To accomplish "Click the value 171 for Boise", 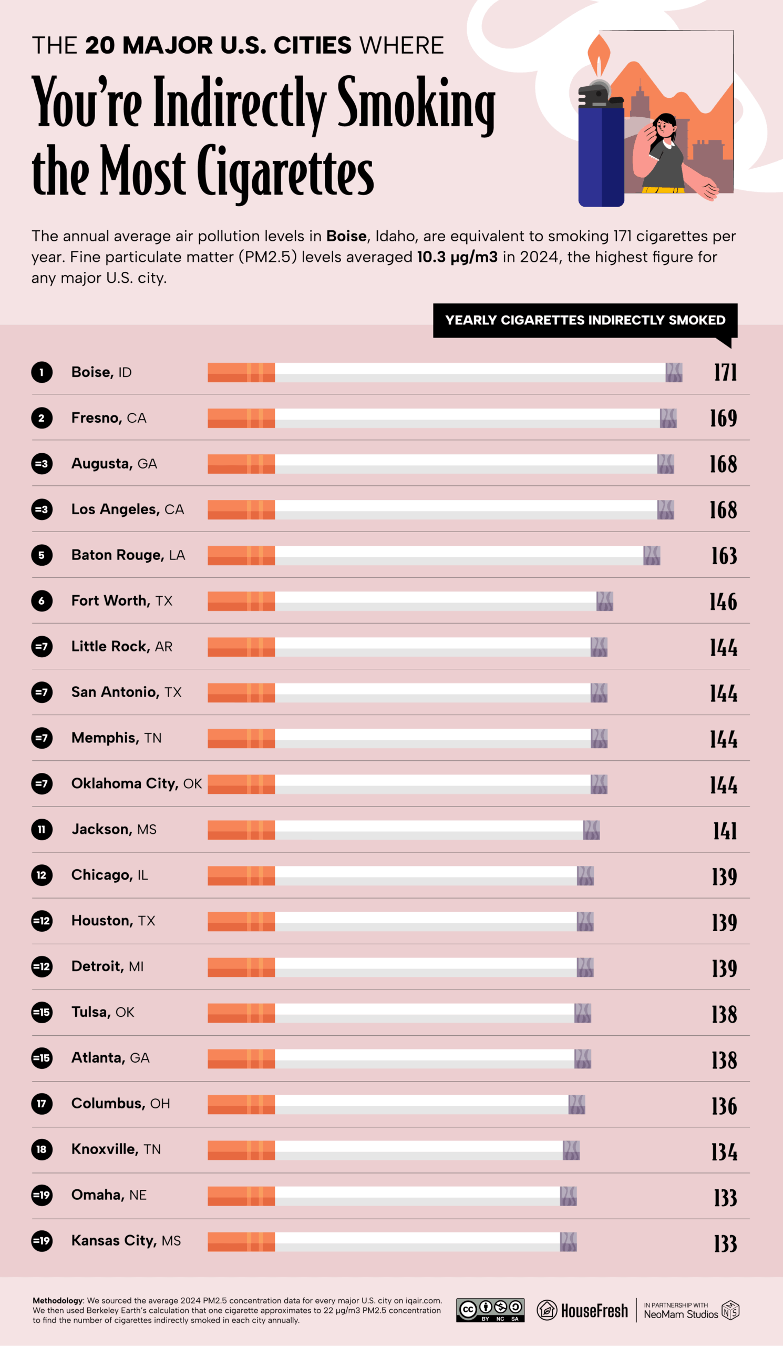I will click(x=725, y=372).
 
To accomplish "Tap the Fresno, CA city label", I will click(x=108, y=417).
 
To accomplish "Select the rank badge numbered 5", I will click(x=42, y=555).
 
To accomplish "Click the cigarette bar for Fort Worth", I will click(x=410, y=601).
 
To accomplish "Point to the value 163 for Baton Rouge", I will click(x=723, y=556).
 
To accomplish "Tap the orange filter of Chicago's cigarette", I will click(x=241, y=875).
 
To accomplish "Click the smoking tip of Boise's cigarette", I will click(x=674, y=372).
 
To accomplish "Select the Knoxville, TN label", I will click(x=116, y=1149).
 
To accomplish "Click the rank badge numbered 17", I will click(x=42, y=1104).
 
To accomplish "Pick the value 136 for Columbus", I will click(x=724, y=1104).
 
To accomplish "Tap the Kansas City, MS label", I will click(x=126, y=1240).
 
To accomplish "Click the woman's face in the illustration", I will click(x=663, y=126).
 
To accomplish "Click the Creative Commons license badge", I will click(x=490, y=1310).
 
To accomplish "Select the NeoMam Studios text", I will click(x=680, y=1314).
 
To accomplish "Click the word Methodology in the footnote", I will click(x=58, y=1300).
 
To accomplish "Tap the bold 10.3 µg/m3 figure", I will click(x=457, y=257).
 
